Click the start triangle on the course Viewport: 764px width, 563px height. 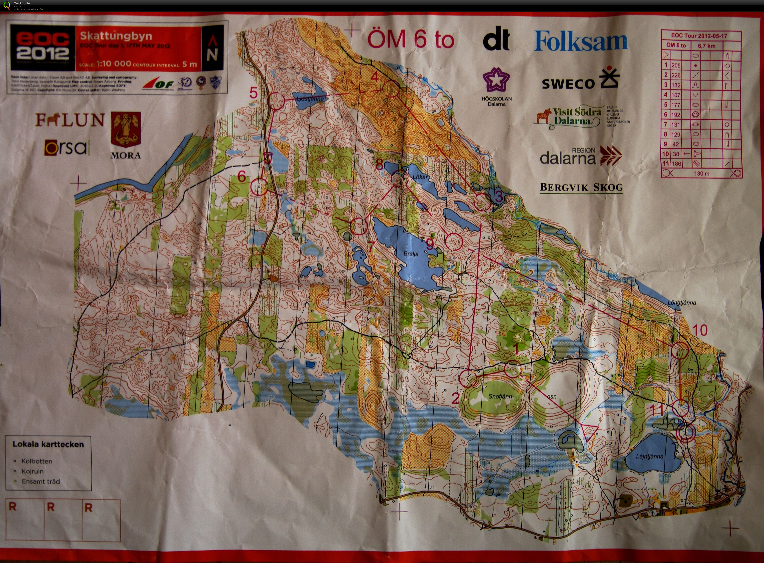click(590, 431)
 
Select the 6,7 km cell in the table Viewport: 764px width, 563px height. click(707, 46)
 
